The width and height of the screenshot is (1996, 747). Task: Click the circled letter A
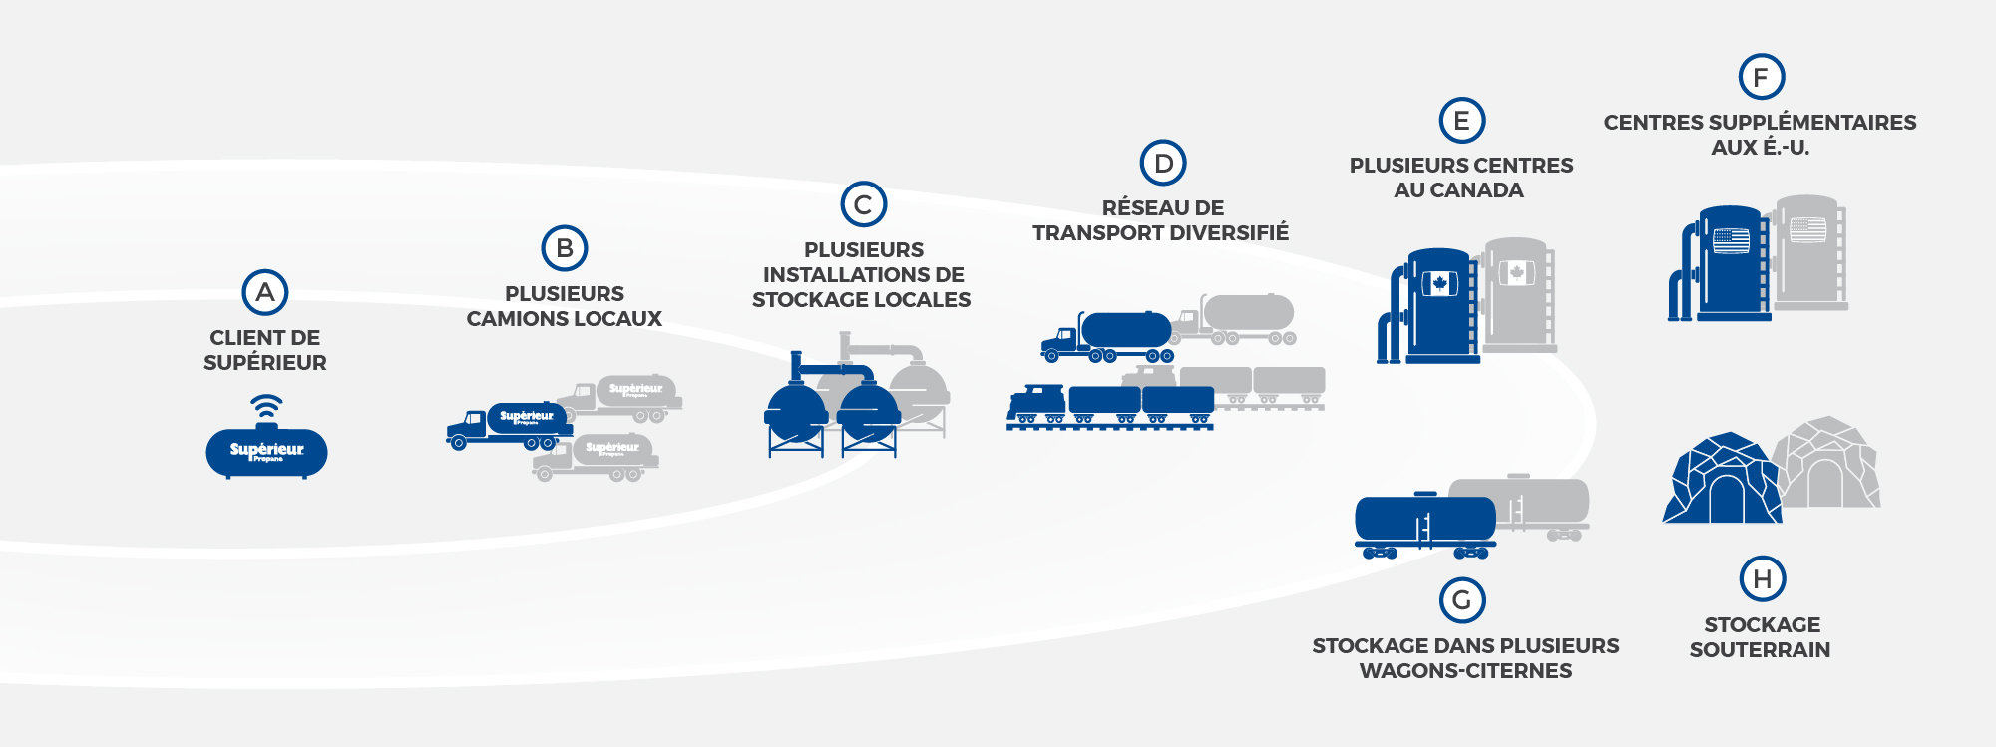(265, 292)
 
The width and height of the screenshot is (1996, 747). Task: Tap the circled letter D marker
(1163, 163)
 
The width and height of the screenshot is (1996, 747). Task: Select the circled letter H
(1763, 578)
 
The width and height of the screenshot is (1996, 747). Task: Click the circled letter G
(1462, 600)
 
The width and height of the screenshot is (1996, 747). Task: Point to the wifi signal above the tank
(266, 405)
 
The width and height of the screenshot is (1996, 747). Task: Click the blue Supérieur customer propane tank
(266, 453)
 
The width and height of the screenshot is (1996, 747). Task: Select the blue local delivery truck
(509, 424)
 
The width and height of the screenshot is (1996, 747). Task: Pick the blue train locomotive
(1037, 404)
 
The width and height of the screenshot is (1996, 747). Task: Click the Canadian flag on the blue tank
(1439, 284)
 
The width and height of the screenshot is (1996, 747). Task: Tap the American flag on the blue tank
(1731, 240)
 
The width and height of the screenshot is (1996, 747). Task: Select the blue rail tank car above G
(1424, 522)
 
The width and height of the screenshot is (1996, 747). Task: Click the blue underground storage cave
(1721, 481)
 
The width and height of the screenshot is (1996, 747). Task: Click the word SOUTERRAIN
(1760, 650)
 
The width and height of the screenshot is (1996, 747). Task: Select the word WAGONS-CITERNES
(1465, 671)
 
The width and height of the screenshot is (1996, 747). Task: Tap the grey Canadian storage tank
(1517, 294)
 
